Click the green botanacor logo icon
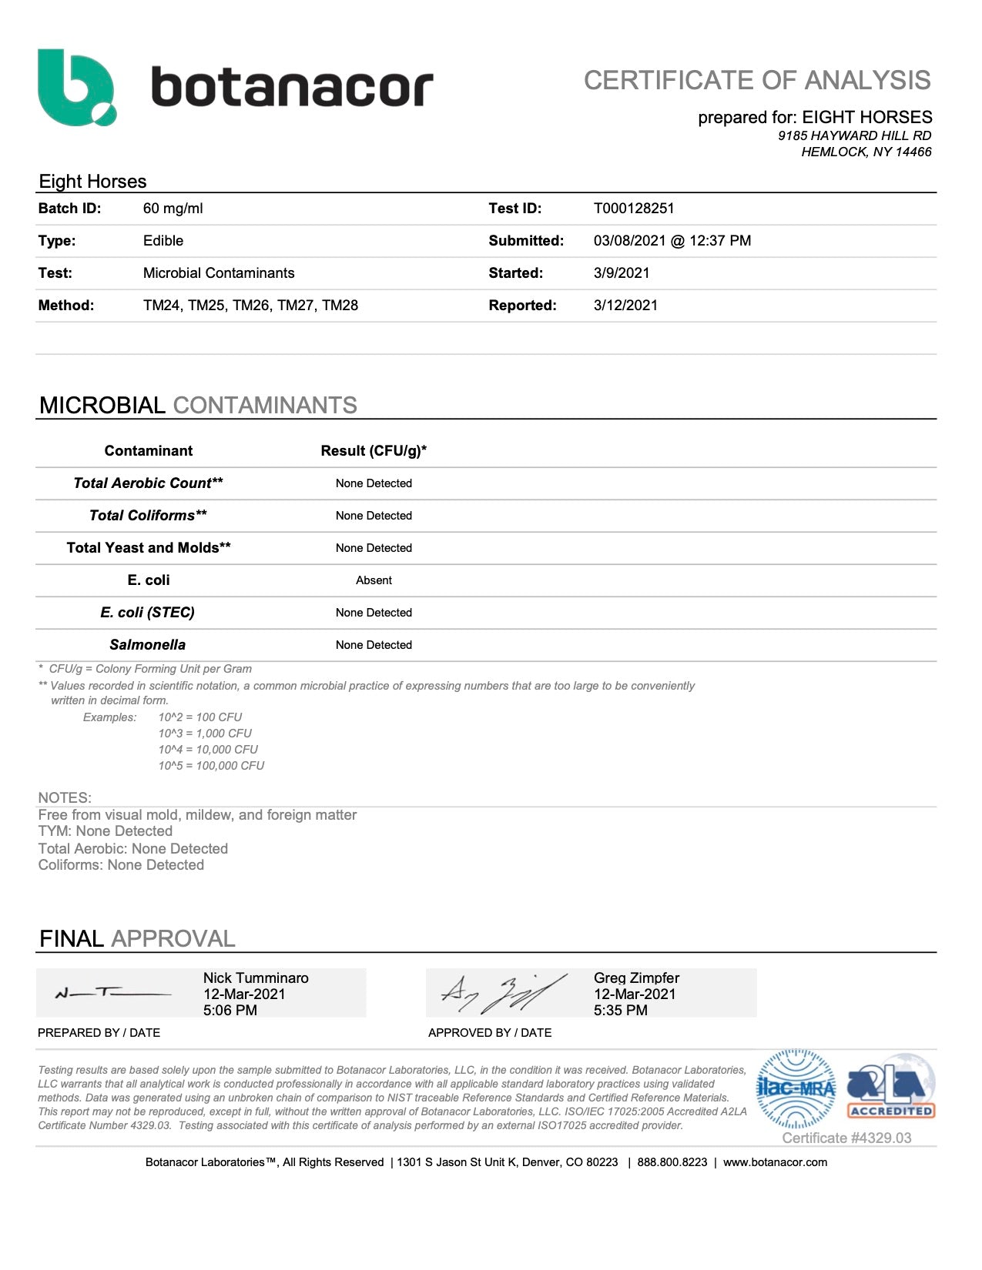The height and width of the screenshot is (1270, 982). coord(77,87)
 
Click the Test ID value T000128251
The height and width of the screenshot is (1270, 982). coord(634,209)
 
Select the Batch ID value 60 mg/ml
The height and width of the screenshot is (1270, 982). coord(173,209)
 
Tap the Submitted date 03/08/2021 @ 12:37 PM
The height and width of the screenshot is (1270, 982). coord(672,241)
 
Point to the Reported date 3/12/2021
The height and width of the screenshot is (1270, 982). coord(625,306)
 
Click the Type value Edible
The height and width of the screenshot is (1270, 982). coord(163,241)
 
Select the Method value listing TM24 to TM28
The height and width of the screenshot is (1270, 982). coord(250,306)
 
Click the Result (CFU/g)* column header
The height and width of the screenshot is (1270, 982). coord(374,451)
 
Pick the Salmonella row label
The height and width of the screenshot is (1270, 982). coord(147,645)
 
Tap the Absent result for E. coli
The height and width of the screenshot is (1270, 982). coord(374,580)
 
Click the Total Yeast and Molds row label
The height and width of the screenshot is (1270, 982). coord(149,548)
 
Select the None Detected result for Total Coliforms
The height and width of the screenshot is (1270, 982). coord(374,516)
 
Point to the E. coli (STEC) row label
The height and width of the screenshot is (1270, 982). coord(147,613)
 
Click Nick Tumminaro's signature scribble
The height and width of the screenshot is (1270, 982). coord(112,994)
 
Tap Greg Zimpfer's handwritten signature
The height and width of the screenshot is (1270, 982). coord(501,993)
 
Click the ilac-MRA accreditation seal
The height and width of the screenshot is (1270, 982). coord(796,1088)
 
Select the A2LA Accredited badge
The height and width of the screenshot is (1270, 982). coord(891,1088)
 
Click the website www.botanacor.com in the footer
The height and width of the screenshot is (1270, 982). coord(775,1162)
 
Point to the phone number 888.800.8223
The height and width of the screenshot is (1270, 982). coord(672,1162)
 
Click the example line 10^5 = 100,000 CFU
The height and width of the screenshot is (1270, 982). coord(211,766)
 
